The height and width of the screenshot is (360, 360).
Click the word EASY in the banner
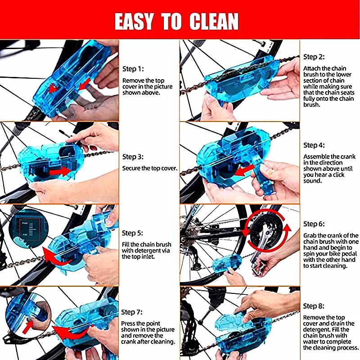pos(134,21)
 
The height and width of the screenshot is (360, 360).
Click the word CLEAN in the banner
pos(214,21)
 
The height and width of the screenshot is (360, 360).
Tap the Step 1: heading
pos(133,69)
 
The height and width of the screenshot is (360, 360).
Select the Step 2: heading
pos(314,57)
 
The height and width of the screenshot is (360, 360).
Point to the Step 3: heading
pos(133,157)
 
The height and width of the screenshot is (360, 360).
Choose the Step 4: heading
pos(314,145)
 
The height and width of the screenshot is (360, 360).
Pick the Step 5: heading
pos(132,233)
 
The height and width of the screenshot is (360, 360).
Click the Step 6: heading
pos(314,224)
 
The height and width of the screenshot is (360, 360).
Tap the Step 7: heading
pos(132,312)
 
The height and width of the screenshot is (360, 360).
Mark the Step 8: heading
pos(314,306)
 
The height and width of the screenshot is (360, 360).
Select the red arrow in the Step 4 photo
pos(245,171)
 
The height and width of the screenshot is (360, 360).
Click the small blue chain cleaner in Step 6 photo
pos(227,264)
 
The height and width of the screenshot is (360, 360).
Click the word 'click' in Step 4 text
pos(337,175)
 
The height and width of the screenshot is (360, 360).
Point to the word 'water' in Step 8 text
pos(312,342)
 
